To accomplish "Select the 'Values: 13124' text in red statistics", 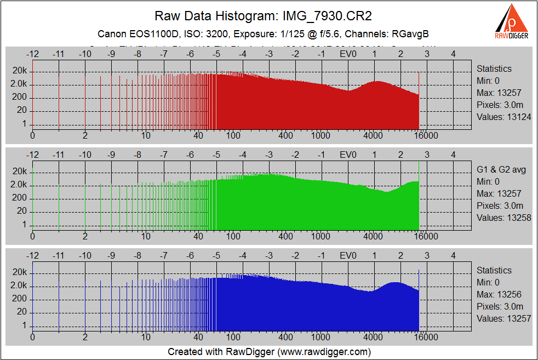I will click(503, 117).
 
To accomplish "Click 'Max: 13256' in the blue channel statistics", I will click(499, 294).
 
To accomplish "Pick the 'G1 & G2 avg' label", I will click(501, 169).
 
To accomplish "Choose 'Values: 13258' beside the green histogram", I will click(503, 218).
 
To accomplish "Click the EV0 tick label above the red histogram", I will click(348, 54).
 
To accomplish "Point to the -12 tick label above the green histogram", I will click(32, 155).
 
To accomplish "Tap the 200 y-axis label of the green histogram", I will click(20, 198).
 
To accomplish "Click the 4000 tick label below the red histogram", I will click(373, 136).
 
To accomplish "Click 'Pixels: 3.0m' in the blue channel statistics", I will click(500, 306).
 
